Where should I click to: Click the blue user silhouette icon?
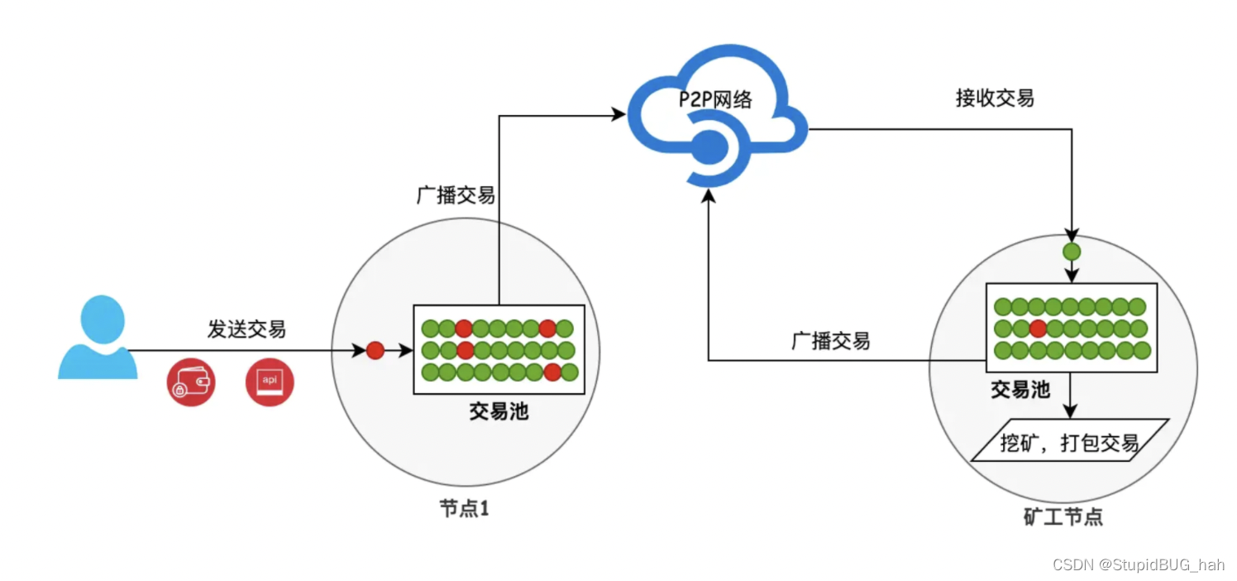point(98,338)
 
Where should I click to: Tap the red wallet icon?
point(191,383)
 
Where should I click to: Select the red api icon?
point(270,383)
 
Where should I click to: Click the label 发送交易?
point(246,329)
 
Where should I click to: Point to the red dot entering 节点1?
point(375,350)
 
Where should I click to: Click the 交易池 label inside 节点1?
point(499,411)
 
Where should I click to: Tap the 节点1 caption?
point(464,509)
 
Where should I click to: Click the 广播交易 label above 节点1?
point(455,195)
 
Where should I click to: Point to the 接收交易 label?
point(995,98)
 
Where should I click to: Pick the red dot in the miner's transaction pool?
point(1038,329)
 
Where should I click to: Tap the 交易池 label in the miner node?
point(1020,389)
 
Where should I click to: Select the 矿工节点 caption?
point(1063,518)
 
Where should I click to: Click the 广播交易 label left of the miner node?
point(831,341)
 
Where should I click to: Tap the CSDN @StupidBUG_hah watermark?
point(1138,565)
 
